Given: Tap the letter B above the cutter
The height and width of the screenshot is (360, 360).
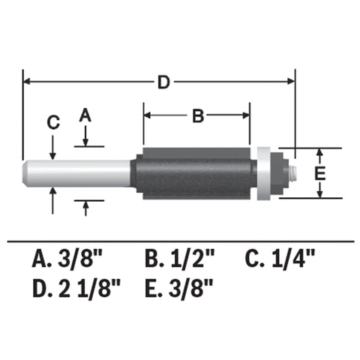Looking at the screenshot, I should (196, 116).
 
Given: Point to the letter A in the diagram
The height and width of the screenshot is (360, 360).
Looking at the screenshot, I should (85, 115).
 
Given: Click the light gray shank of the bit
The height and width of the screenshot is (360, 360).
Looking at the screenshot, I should (79, 173).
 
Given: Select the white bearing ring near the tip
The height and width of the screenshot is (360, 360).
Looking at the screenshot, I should (263, 173).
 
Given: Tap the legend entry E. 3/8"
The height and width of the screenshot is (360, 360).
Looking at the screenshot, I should (179, 286).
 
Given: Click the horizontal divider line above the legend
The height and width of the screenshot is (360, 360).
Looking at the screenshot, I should (180, 241).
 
